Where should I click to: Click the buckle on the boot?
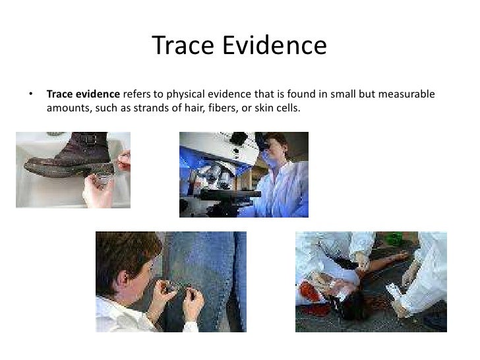point(97,141)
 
